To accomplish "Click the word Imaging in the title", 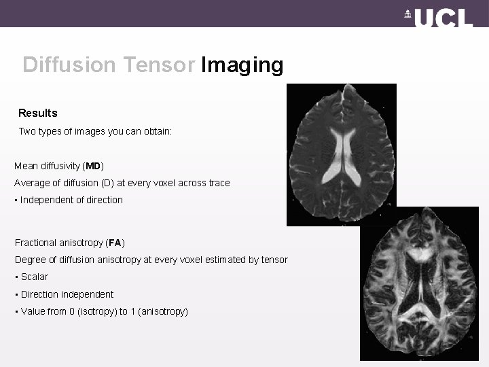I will point(242,65).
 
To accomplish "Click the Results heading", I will point(38,113).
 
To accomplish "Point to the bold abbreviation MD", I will point(93,166).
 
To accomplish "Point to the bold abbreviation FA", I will point(115,243).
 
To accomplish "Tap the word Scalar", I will point(34,277).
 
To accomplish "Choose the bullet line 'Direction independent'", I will point(67,294).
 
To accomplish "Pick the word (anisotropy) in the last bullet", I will point(162,311).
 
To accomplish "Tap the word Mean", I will point(26,166).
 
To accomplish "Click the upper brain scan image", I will point(341,154).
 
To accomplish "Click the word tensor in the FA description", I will point(274,260).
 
